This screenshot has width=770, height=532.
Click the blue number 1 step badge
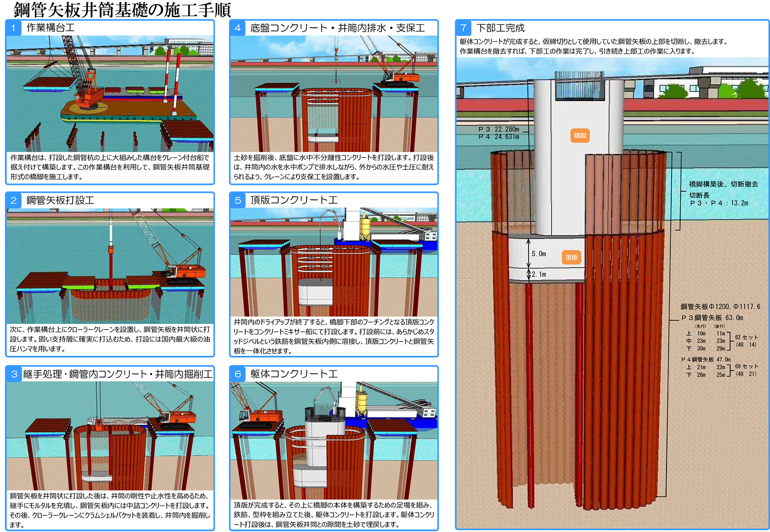click(x=14, y=28)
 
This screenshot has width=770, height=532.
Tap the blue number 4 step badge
click(x=237, y=28)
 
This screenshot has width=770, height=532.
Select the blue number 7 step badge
click(x=463, y=28)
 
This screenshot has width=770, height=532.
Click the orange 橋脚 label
click(x=580, y=136)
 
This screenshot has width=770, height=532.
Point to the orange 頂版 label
click(x=572, y=257)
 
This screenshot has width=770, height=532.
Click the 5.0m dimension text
click(x=539, y=254)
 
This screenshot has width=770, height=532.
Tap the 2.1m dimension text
click(x=539, y=274)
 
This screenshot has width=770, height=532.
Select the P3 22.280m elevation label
click(x=499, y=129)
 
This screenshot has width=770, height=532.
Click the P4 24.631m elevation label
click(x=499, y=137)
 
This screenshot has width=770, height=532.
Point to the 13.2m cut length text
click(x=740, y=203)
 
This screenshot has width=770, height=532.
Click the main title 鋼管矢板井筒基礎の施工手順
click(x=122, y=9)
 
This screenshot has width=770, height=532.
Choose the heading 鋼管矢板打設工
click(x=60, y=200)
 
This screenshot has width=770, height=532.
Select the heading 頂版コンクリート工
click(x=294, y=200)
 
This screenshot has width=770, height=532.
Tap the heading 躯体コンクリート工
click(x=294, y=374)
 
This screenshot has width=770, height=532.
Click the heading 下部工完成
click(x=500, y=28)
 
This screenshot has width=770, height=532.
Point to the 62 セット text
click(x=746, y=337)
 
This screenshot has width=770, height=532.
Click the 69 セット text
click(x=746, y=366)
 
